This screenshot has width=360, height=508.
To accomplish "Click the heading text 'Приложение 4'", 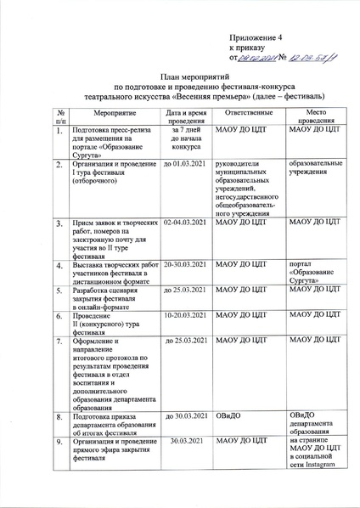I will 256,39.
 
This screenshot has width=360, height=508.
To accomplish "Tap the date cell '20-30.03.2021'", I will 186,265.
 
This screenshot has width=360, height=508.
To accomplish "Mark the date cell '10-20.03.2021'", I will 186,316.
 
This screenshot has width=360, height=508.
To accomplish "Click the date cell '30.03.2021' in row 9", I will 186,442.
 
